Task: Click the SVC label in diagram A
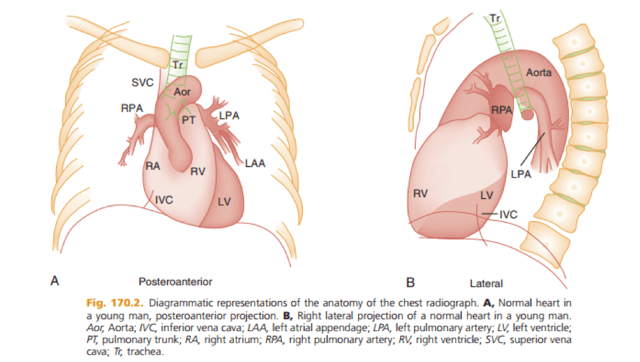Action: click(x=142, y=83)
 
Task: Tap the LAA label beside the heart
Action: click(x=255, y=163)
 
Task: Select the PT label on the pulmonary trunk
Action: click(x=189, y=120)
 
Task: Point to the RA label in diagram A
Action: click(x=153, y=167)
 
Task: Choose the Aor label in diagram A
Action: click(x=182, y=92)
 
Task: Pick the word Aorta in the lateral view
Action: click(x=539, y=71)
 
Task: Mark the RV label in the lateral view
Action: click(x=421, y=193)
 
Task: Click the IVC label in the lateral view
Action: click(x=509, y=214)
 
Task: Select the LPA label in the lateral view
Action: click(x=521, y=174)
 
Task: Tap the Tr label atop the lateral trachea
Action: click(x=496, y=19)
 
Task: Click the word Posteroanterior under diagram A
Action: click(x=175, y=281)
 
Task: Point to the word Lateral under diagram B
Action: click(x=486, y=284)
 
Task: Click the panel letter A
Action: click(x=56, y=281)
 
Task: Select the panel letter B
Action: click(x=411, y=283)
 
